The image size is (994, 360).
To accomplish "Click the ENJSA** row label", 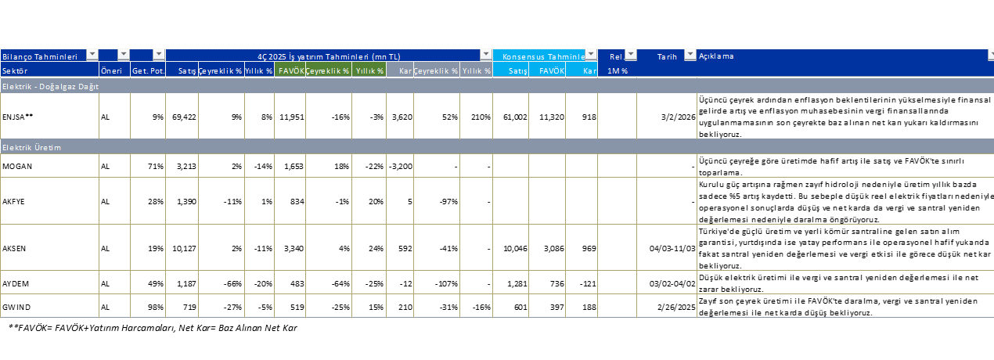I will pos(18,117).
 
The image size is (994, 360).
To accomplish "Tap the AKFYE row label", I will pos(14,201).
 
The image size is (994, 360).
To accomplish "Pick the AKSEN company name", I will pos(14,247).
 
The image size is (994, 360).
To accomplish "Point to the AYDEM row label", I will pos(16,282).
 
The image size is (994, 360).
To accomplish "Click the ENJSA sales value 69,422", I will pos(184,117).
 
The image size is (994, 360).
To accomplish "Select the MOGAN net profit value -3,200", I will pos(399,167).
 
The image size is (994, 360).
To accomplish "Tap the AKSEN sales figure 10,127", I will pos(184,247).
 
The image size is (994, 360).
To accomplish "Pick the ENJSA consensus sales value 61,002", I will pos(513,117).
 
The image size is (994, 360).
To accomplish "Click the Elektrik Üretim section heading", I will pos(32,147).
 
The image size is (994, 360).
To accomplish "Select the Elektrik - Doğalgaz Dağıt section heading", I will pos(51,87).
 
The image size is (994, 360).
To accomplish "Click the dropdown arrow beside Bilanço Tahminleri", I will pos(92,56).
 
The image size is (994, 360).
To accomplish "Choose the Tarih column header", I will pos(667,56).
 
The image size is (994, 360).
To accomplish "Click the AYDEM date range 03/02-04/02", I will pos(672,282).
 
